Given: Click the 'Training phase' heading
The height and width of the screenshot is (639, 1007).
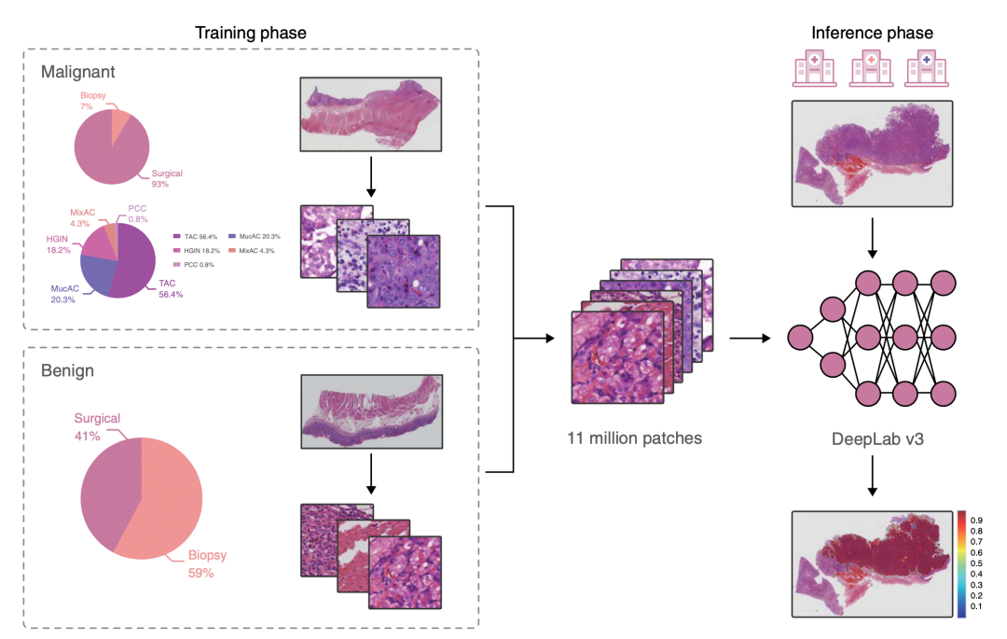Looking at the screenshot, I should (250, 34).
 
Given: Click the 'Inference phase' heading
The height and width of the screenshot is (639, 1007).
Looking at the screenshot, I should (872, 34).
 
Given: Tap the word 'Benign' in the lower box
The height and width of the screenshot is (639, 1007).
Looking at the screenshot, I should (67, 370).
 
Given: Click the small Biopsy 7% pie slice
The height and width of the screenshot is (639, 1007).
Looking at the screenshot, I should (119, 122).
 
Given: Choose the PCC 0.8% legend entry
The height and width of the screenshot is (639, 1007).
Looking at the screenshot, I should (197, 264).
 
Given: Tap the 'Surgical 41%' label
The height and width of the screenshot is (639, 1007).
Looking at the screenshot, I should (97, 426).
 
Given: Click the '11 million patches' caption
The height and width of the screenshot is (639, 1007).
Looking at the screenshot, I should (633, 436).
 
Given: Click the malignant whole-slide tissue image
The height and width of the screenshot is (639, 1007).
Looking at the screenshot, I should (370, 115).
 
